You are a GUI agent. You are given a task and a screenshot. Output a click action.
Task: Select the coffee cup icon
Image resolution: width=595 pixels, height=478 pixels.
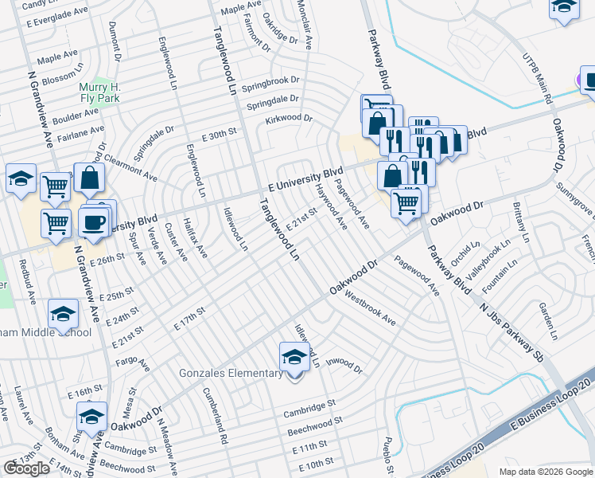(95, 221)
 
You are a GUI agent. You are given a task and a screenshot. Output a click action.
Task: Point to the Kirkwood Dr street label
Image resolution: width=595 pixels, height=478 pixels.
(289, 118)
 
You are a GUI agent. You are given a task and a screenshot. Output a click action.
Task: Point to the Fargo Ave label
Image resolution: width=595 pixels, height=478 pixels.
(132, 366)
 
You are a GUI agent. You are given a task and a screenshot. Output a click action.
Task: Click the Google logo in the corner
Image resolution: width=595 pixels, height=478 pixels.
(26, 468)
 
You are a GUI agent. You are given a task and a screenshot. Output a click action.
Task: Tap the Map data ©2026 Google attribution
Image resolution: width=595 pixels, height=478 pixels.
(546, 472)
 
